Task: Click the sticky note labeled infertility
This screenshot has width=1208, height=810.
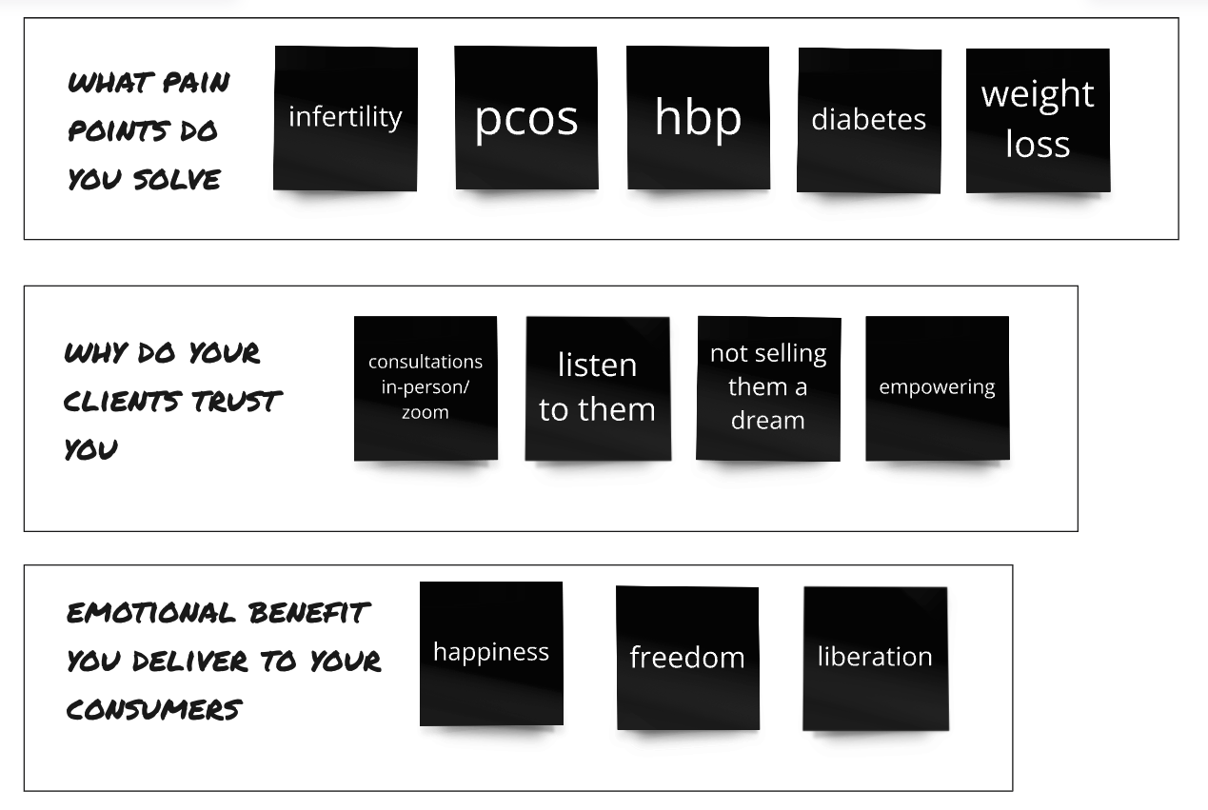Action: (346, 118)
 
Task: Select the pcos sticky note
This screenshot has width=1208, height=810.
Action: (526, 118)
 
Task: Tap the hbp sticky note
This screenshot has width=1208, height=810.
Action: (698, 118)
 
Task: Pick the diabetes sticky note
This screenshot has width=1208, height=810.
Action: (869, 120)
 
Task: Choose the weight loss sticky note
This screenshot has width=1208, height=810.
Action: (1038, 120)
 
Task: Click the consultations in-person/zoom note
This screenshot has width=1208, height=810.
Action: (426, 388)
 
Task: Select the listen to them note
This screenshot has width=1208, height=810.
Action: (598, 388)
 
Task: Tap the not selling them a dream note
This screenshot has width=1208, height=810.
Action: (768, 388)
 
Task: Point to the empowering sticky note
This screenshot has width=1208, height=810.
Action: (938, 388)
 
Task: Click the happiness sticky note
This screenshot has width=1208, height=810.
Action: (491, 653)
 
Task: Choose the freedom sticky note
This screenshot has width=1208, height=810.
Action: (687, 658)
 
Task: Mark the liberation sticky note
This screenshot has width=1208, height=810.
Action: (875, 658)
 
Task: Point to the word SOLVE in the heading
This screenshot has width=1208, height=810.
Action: (177, 179)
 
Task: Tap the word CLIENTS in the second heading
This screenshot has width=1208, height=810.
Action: (123, 401)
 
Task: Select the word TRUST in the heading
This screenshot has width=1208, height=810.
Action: (237, 401)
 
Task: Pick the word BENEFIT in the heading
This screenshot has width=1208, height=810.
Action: (307, 612)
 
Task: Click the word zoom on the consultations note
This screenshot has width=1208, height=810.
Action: (425, 413)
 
